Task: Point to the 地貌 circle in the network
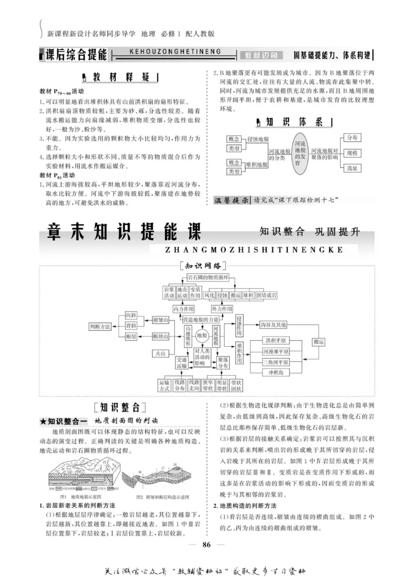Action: tap(202, 335)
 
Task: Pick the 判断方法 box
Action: tap(101, 327)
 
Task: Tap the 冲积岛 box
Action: tap(269, 372)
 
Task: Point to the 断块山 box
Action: tap(161, 337)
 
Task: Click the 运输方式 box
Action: tap(165, 385)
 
